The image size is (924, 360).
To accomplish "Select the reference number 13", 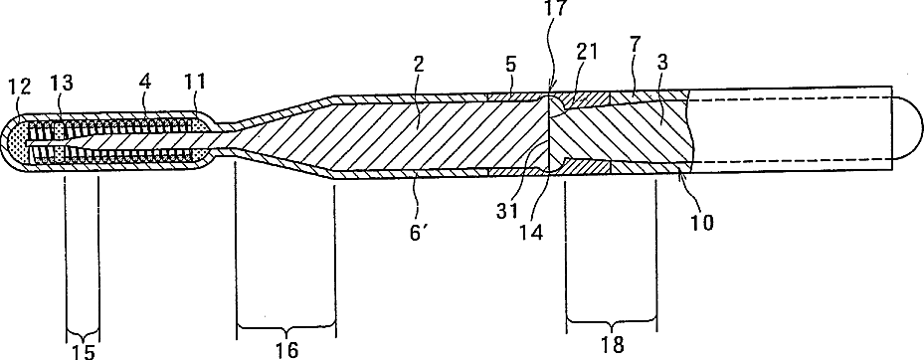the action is (62, 84).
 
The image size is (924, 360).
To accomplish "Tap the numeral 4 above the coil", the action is (143, 81).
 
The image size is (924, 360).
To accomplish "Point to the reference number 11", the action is (195, 81).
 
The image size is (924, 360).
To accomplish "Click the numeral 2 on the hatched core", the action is (418, 66).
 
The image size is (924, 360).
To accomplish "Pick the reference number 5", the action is (511, 66).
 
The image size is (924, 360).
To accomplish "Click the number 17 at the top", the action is (556, 8).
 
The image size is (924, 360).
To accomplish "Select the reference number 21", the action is (587, 52).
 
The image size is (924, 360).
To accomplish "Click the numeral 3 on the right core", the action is (662, 63).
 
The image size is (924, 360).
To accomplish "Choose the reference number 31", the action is (506, 211).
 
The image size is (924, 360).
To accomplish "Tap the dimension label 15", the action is (84, 352).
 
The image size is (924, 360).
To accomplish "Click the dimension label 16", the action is (286, 349).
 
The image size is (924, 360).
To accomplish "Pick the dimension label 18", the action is (613, 345).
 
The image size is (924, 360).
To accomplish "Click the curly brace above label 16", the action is (286, 325).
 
